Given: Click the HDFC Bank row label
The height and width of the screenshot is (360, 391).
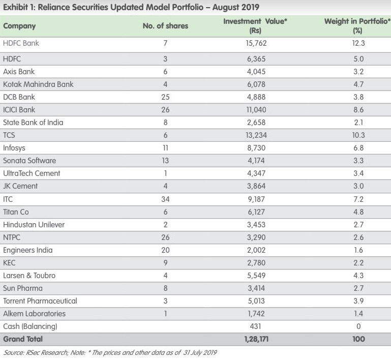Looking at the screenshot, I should [x=21, y=43].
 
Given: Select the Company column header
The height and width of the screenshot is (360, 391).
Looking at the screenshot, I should [x=19, y=26].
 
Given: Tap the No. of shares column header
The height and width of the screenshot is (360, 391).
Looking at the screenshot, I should [x=165, y=26].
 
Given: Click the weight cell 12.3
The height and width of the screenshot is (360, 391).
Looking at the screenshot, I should [x=358, y=43].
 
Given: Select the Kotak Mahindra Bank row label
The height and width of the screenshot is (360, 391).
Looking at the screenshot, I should [x=38, y=84].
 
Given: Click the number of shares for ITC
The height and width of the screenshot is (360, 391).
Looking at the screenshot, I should [x=165, y=199].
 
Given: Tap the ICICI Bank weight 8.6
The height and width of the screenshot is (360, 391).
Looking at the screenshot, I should [x=358, y=110].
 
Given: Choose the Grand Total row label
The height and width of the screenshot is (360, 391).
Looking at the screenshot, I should [x=23, y=339].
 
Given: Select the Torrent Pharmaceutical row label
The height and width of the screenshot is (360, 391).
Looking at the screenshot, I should [x=40, y=301].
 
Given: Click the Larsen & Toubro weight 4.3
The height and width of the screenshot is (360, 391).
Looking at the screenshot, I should [x=358, y=276].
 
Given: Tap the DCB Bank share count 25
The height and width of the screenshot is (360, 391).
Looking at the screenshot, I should [x=165, y=97].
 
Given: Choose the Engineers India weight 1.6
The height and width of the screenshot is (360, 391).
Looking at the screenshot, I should [x=358, y=250].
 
